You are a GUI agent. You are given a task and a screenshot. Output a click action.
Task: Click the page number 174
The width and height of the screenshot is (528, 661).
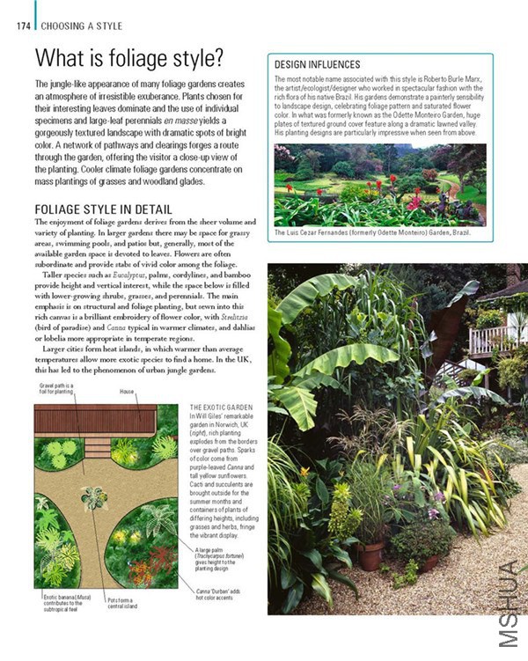pos(23,26)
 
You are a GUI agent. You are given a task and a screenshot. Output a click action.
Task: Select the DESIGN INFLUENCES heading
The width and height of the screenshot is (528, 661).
pos(317,65)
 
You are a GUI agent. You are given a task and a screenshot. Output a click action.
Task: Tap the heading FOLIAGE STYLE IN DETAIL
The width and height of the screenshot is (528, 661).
pos(103,209)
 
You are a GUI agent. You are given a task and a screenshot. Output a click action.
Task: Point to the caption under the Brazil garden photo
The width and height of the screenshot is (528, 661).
pos(372,233)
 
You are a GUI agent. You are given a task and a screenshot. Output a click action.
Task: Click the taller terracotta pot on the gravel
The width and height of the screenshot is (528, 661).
pos(371,555)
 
